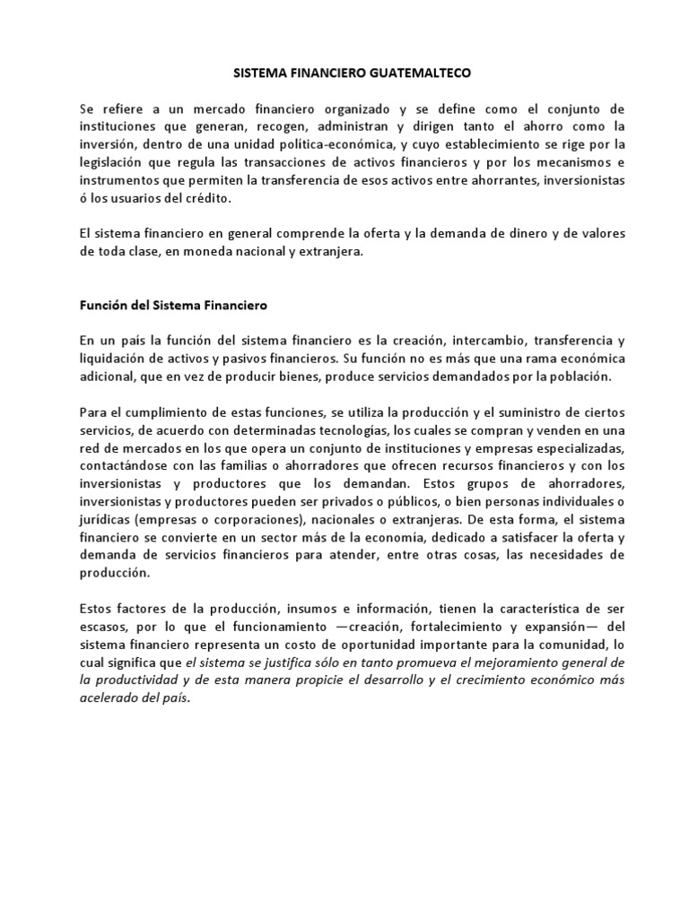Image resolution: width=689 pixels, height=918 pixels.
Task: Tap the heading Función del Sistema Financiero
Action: click(x=173, y=306)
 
